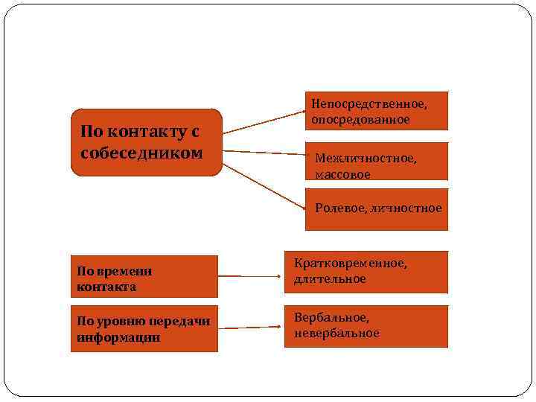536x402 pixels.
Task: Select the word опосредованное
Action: coord(360,119)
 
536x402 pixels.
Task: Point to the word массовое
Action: coord(342,174)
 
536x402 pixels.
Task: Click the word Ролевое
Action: coord(336,208)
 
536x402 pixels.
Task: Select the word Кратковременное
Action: coord(350,264)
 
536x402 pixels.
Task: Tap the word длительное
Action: coord(330,279)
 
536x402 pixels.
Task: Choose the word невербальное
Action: coord(336,334)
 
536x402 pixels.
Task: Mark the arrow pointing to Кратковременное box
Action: coord(249,276)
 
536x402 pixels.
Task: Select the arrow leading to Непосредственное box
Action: coord(264,122)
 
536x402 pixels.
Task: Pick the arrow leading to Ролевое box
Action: coord(264,186)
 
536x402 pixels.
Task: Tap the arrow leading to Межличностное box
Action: coord(264,153)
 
